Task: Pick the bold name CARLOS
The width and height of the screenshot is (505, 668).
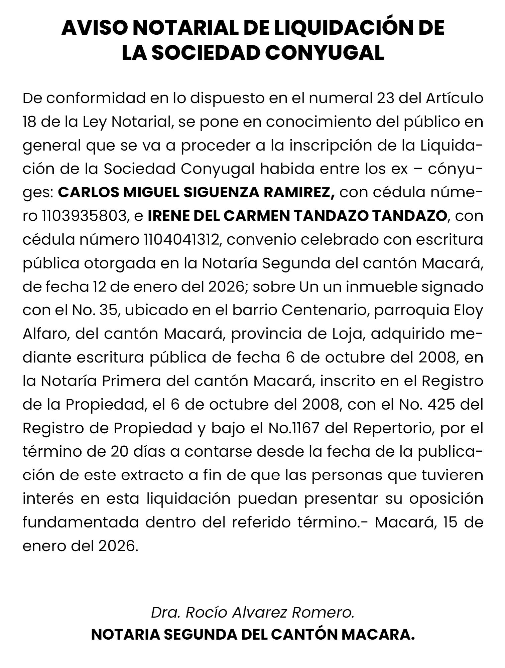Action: click(88, 192)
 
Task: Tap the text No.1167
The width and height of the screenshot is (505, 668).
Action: click(294, 428)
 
